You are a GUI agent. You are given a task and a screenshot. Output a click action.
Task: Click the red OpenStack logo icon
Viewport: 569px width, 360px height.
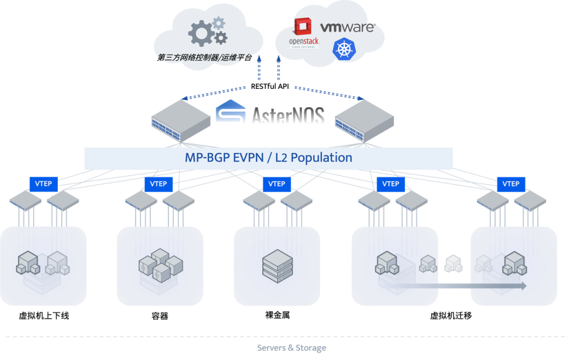pos(302,27)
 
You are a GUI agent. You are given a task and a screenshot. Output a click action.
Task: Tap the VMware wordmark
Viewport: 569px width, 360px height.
pos(347,27)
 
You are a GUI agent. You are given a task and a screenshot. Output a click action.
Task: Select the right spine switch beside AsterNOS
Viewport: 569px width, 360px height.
pos(365,119)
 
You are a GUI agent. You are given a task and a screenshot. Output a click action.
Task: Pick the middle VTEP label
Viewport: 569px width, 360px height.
pos(276,183)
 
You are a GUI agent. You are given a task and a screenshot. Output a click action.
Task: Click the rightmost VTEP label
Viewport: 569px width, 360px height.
pos(511,183)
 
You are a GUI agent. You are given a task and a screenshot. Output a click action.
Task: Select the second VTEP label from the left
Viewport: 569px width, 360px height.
pos(158,183)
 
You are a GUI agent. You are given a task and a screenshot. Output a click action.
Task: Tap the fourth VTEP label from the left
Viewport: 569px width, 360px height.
pos(391,183)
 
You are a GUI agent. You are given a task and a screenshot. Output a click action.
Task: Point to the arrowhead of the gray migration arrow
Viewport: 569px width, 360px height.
pos(522,286)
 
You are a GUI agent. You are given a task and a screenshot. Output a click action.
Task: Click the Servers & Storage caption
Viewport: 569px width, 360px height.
pos(292,348)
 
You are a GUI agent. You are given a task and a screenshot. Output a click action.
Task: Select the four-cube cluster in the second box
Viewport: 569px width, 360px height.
pos(160,264)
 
